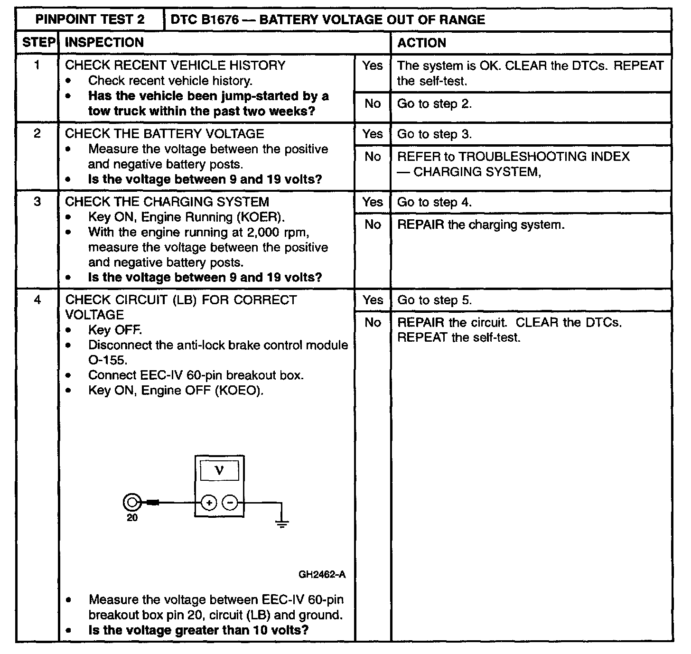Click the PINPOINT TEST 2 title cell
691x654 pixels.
pyautogui.click(x=90, y=20)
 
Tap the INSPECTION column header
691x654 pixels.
pyautogui.click(x=104, y=43)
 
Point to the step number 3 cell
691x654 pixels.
pyautogui.click(x=37, y=202)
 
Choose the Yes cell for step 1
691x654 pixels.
pyautogui.click(x=372, y=66)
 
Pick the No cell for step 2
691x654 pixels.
pyautogui.click(x=372, y=157)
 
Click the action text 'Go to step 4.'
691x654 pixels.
pyautogui.click(x=434, y=203)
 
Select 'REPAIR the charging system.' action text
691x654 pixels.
pyautogui.click(x=481, y=224)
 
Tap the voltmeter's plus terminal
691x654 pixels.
pyautogui.click(x=209, y=502)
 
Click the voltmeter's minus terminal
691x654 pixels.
pyautogui.click(x=230, y=502)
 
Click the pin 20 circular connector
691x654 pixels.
pyautogui.click(x=131, y=502)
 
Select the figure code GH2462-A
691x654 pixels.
pyautogui.click(x=322, y=575)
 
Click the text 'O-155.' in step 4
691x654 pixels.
pyautogui.click(x=107, y=360)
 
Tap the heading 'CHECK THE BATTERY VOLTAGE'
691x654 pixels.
pyautogui.click(x=164, y=134)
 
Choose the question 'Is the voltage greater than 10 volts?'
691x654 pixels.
pyautogui.click(x=198, y=630)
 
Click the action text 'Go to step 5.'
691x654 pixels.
pyautogui.click(x=434, y=300)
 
